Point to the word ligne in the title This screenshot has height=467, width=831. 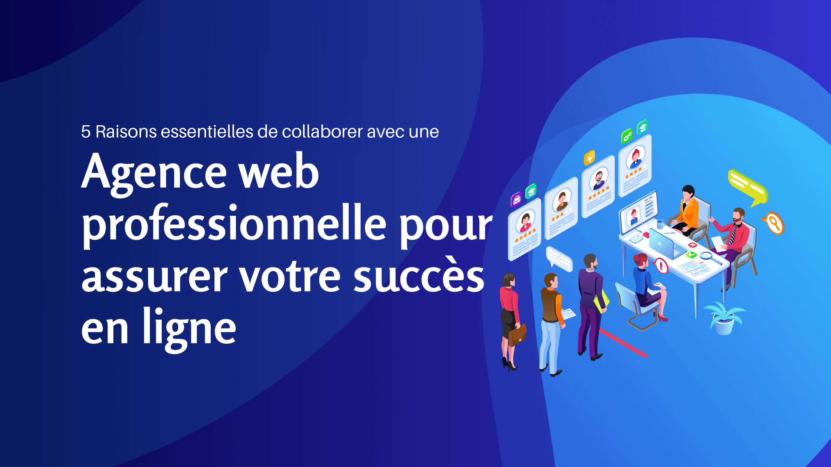tap(189, 328)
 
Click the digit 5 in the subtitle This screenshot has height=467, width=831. tap(86, 132)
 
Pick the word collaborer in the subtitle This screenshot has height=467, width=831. tap(322, 132)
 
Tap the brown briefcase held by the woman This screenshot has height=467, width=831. tap(517, 334)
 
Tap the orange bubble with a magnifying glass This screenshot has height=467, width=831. tap(774, 223)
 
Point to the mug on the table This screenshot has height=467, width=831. tap(660, 224)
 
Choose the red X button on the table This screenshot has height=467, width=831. tap(693, 245)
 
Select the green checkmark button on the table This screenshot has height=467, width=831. tap(691, 255)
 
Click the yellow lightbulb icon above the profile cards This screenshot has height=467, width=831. tap(589, 158)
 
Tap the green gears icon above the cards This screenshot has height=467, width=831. tap(627, 136)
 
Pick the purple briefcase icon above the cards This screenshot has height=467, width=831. tap(516, 199)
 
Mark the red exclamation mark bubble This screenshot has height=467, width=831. tap(661, 265)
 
